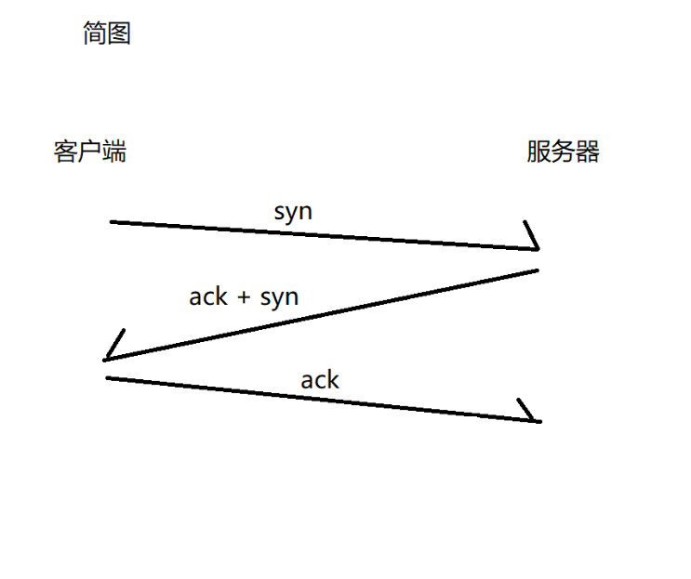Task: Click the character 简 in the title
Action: [95, 34]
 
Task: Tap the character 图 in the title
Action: [119, 34]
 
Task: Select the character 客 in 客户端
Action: [65, 151]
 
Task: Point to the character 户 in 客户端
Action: [90, 151]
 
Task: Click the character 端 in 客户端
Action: [114, 151]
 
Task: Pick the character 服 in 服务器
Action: [538, 151]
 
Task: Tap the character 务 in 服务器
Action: [564, 151]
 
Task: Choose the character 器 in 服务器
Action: [588, 151]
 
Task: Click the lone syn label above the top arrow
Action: [293, 212]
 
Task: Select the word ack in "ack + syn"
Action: [208, 296]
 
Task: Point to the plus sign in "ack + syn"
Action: [245, 297]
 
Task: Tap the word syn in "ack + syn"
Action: [279, 298]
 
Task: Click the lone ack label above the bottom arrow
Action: [320, 379]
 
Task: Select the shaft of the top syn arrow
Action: [316, 235]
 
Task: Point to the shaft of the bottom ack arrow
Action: [316, 399]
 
